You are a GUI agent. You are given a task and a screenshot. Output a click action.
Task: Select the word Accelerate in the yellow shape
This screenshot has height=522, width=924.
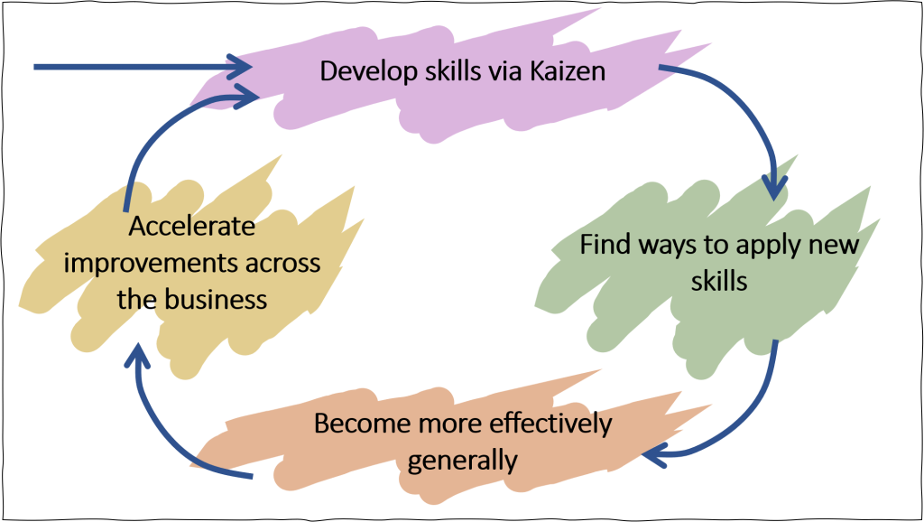click(x=191, y=227)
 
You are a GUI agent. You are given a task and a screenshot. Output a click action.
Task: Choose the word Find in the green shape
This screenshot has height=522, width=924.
click(x=602, y=245)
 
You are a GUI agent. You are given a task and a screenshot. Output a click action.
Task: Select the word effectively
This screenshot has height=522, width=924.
click(x=550, y=423)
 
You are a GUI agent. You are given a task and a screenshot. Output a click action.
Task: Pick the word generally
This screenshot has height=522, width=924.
click(x=462, y=460)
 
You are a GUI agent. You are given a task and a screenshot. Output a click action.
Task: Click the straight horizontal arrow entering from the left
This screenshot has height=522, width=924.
click(x=135, y=66)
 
